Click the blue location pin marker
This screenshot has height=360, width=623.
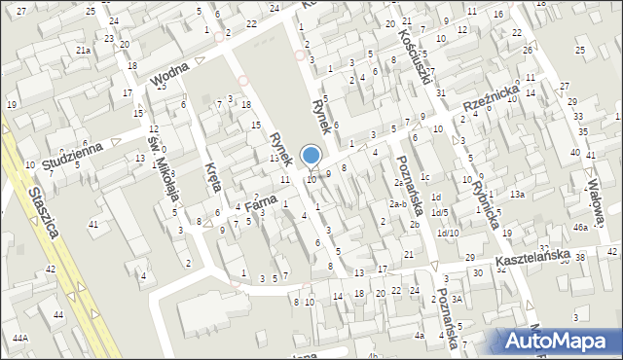[x=311, y=157]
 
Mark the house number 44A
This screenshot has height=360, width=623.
[x=19, y=337]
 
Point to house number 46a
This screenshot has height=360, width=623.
[x=580, y=227]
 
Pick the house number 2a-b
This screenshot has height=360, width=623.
[x=397, y=203]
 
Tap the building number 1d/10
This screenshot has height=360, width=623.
[x=448, y=233]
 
